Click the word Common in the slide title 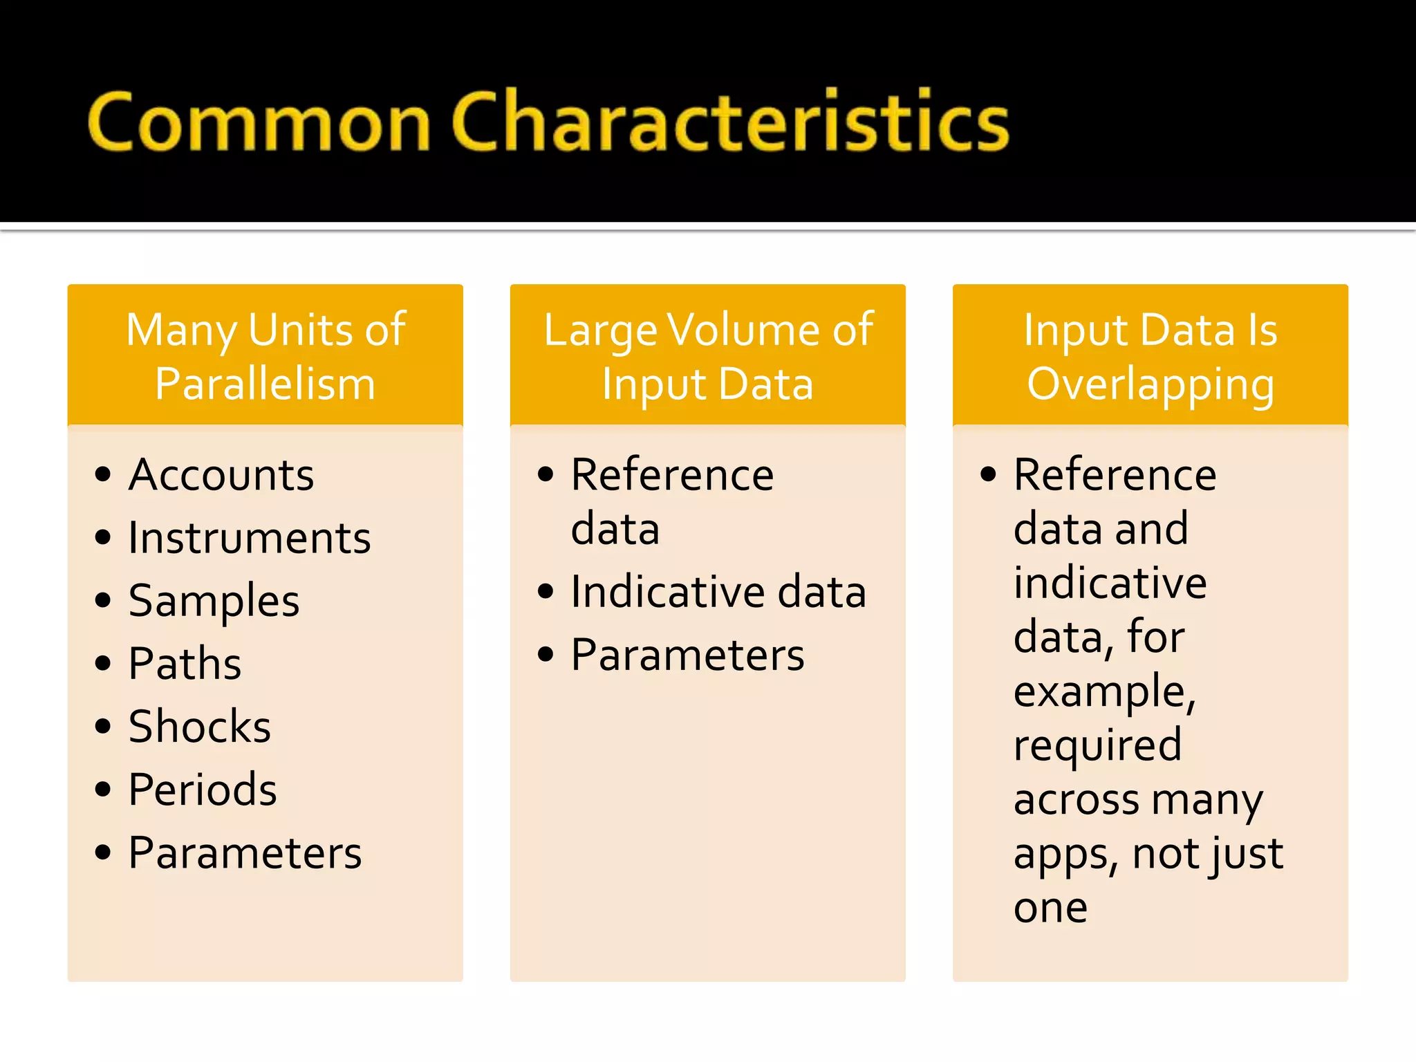(259, 123)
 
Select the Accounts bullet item (221, 475)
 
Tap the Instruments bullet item (250, 538)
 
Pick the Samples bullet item (214, 601)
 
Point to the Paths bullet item (185, 664)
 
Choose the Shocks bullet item (200, 727)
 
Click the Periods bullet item (203, 790)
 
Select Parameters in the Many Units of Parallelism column (245, 853)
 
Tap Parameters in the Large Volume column (687, 655)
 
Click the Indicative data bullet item (718, 592)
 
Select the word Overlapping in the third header (1150, 385)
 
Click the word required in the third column (1097, 745)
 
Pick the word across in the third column (1075, 800)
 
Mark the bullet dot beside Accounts (103, 474)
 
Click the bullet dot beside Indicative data (546, 591)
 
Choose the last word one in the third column (1050, 908)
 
